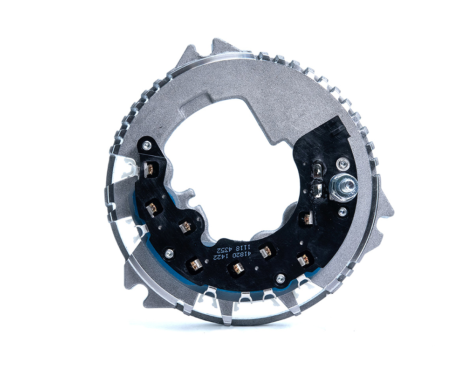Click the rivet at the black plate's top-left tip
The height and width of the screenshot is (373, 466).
pos(146,145)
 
